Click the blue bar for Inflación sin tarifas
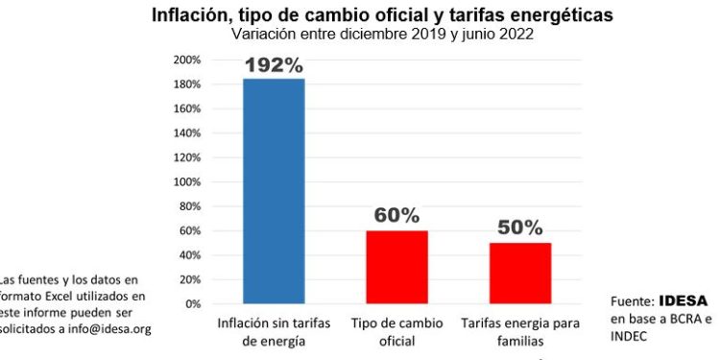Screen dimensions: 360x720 (274, 191)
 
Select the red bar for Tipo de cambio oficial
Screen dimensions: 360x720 (396, 267)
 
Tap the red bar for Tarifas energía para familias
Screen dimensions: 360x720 (519, 273)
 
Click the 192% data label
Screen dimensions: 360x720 (274, 66)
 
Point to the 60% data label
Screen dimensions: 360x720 (396, 215)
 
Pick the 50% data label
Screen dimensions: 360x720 (519, 228)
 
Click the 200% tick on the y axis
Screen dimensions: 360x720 (186, 60)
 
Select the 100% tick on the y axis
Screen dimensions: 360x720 (186, 181)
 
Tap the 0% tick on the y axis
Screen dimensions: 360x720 (192, 303)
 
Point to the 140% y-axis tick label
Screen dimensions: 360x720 (186, 132)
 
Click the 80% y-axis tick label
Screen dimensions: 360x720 (189, 206)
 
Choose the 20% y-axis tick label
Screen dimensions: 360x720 (189, 279)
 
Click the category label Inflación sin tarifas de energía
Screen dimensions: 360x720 (274, 331)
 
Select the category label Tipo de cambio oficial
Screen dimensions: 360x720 (396, 331)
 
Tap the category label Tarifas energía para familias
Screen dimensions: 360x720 (519, 331)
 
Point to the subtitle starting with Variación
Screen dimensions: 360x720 (382, 35)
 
